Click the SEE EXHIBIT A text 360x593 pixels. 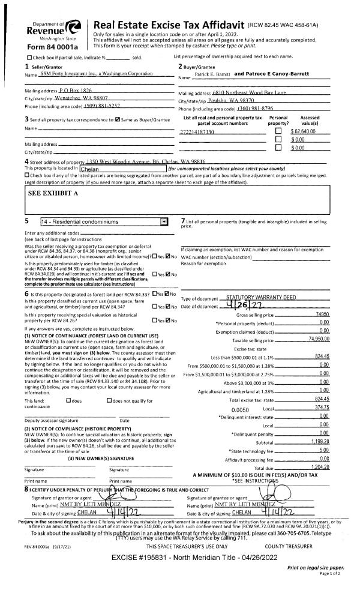(53, 193)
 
